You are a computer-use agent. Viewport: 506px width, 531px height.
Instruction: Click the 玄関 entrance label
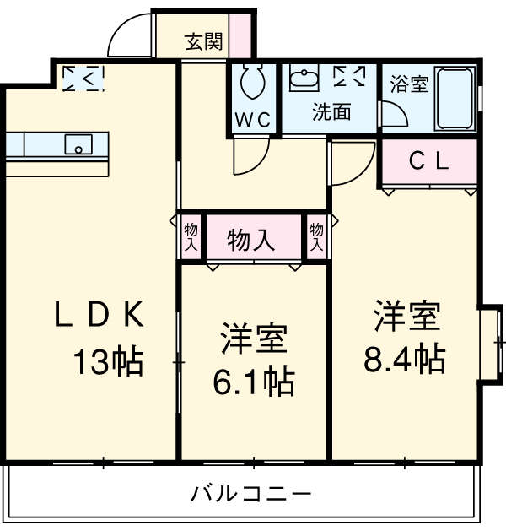click(203, 40)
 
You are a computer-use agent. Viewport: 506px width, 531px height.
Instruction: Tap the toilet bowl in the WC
click(251, 84)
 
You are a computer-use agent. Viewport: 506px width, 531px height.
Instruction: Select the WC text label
click(252, 119)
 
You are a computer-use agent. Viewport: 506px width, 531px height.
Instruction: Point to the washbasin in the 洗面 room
click(304, 79)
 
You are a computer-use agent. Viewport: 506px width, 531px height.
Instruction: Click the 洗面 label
click(331, 112)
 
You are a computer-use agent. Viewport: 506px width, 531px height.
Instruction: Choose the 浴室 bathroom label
click(408, 84)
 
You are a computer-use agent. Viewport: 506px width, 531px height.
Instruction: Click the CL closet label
click(428, 161)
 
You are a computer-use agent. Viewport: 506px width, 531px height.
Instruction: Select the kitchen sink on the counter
click(78, 144)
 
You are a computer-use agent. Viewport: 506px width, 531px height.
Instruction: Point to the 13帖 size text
click(107, 362)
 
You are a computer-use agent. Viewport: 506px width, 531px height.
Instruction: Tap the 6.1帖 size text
click(254, 382)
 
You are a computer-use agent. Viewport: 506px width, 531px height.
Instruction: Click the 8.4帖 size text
click(405, 360)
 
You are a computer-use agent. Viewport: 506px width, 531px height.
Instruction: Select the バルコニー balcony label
click(251, 492)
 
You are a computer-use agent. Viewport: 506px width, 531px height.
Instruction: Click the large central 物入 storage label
click(251, 240)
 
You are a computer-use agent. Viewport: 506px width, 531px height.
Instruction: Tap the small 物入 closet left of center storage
click(191, 236)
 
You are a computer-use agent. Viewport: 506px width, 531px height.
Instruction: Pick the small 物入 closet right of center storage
click(315, 236)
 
